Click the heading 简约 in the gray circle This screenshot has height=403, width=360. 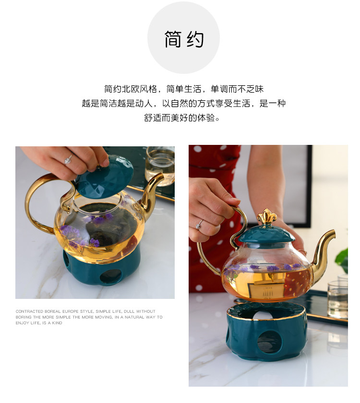click(x=184, y=39)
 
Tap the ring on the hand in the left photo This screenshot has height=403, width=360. click(x=69, y=159)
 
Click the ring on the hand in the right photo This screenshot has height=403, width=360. click(x=199, y=225)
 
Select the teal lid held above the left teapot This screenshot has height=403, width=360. click(x=104, y=178)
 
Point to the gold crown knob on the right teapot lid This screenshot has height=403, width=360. click(x=267, y=216)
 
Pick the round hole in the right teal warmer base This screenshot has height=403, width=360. click(x=268, y=342)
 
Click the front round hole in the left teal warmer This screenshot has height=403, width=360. click(x=110, y=277)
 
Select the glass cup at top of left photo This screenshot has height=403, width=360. click(x=160, y=166)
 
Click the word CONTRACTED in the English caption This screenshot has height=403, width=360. click(x=29, y=311)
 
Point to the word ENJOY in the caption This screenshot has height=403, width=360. click(x=22, y=323)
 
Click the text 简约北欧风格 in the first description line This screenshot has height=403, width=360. click(x=131, y=89)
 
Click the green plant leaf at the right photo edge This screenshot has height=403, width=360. click(x=342, y=260)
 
